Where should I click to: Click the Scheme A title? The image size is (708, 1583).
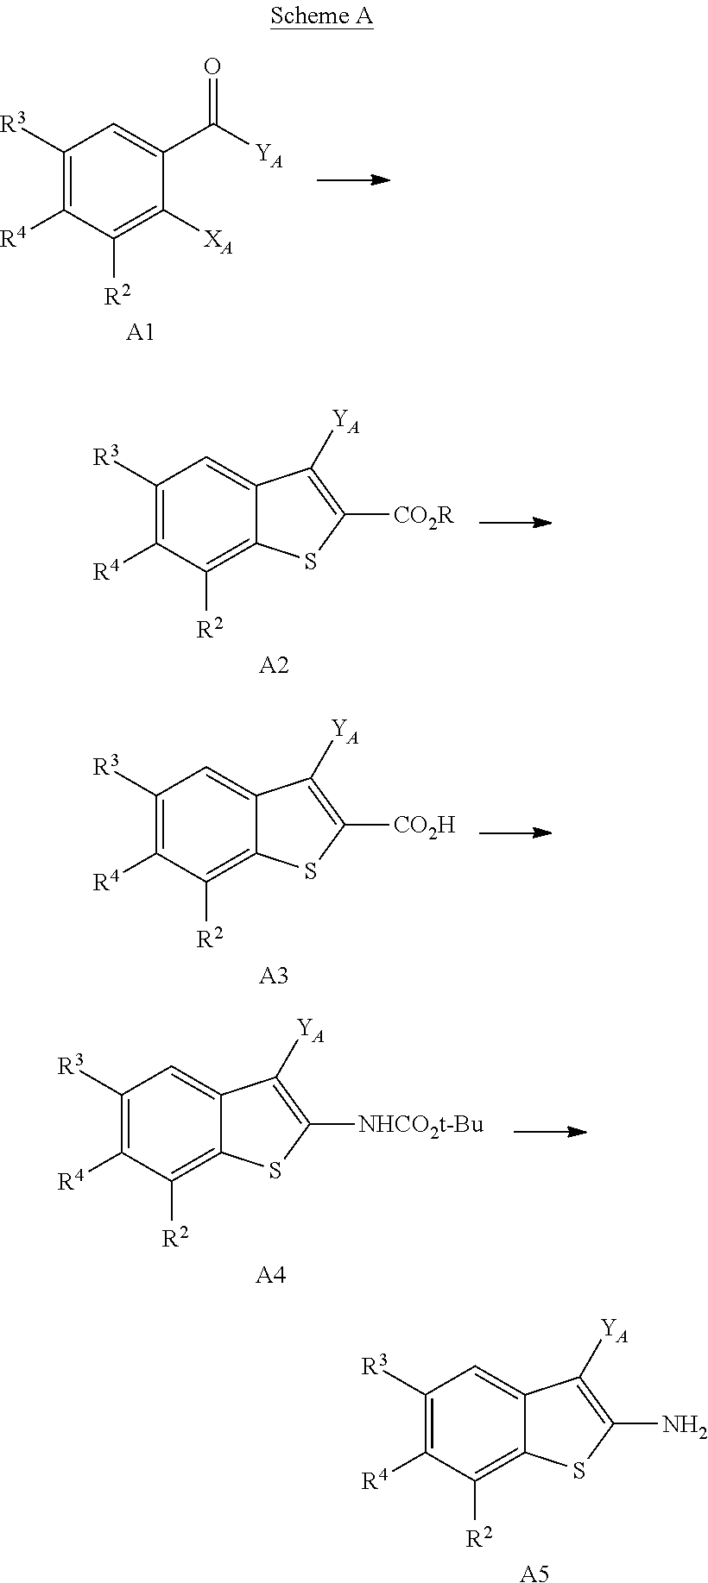(321, 16)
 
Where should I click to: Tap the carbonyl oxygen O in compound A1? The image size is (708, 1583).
(212, 66)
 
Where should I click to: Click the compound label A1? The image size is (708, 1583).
(140, 332)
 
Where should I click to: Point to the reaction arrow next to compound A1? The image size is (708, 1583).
(353, 179)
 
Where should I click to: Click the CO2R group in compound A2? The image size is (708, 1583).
(423, 516)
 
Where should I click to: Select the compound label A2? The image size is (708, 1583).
(274, 665)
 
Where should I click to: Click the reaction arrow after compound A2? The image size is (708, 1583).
(515, 522)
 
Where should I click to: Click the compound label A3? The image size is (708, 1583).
(274, 976)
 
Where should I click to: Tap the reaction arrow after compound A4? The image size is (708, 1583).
(550, 1131)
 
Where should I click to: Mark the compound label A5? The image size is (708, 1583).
(534, 1574)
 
